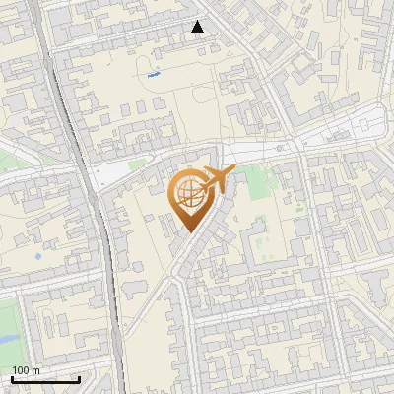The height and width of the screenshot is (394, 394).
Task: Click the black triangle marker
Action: click(x=198, y=27)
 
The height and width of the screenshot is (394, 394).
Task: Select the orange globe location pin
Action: click(x=189, y=198)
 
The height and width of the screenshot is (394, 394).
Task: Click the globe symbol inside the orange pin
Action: click(x=188, y=192)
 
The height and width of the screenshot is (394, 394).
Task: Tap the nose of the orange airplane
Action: click(x=234, y=171)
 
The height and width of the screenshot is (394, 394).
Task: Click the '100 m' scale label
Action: click(x=27, y=370)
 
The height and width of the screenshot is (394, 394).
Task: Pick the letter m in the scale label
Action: click(x=36, y=370)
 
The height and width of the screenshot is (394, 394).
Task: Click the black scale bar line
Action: click(x=45, y=379)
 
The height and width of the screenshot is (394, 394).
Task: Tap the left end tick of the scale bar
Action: click(x=12, y=378)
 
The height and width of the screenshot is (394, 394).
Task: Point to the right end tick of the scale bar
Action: click(x=79, y=378)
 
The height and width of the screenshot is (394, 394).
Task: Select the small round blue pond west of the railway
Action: click(x=37, y=257)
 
